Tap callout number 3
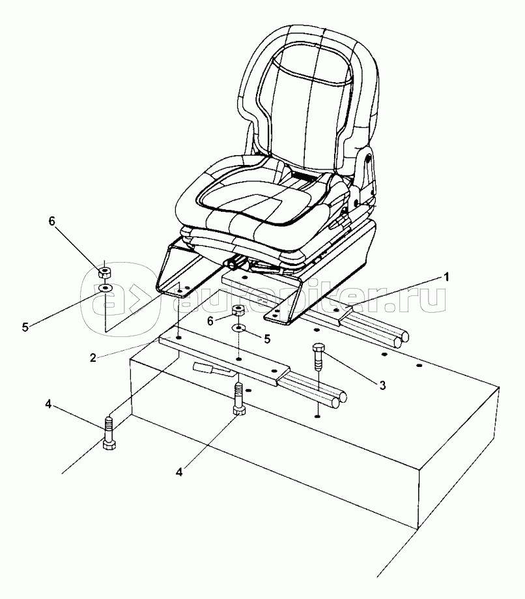[382, 385]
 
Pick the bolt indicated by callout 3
[318, 355]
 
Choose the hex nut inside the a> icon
[105, 270]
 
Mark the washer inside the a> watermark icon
[106, 287]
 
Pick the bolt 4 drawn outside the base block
[109, 435]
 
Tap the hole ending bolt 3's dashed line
[317, 415]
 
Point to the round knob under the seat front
[231, 263]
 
